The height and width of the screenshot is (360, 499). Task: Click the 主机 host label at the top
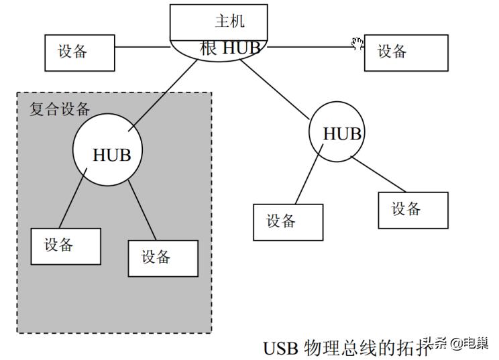coord(229,21)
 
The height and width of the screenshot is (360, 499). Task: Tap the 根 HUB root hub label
coord(229,48)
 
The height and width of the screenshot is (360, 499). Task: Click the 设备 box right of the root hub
coord(406,52)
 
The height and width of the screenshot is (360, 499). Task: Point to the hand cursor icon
coord(357,44)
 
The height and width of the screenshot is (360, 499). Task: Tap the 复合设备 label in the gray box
coord(59,109)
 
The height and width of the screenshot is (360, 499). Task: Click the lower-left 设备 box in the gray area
coord(66,246)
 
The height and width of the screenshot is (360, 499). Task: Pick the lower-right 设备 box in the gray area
coord(163,257)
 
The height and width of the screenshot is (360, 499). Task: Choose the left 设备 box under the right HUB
coord(288,222)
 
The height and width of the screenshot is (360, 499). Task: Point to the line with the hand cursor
coord(309,47)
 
